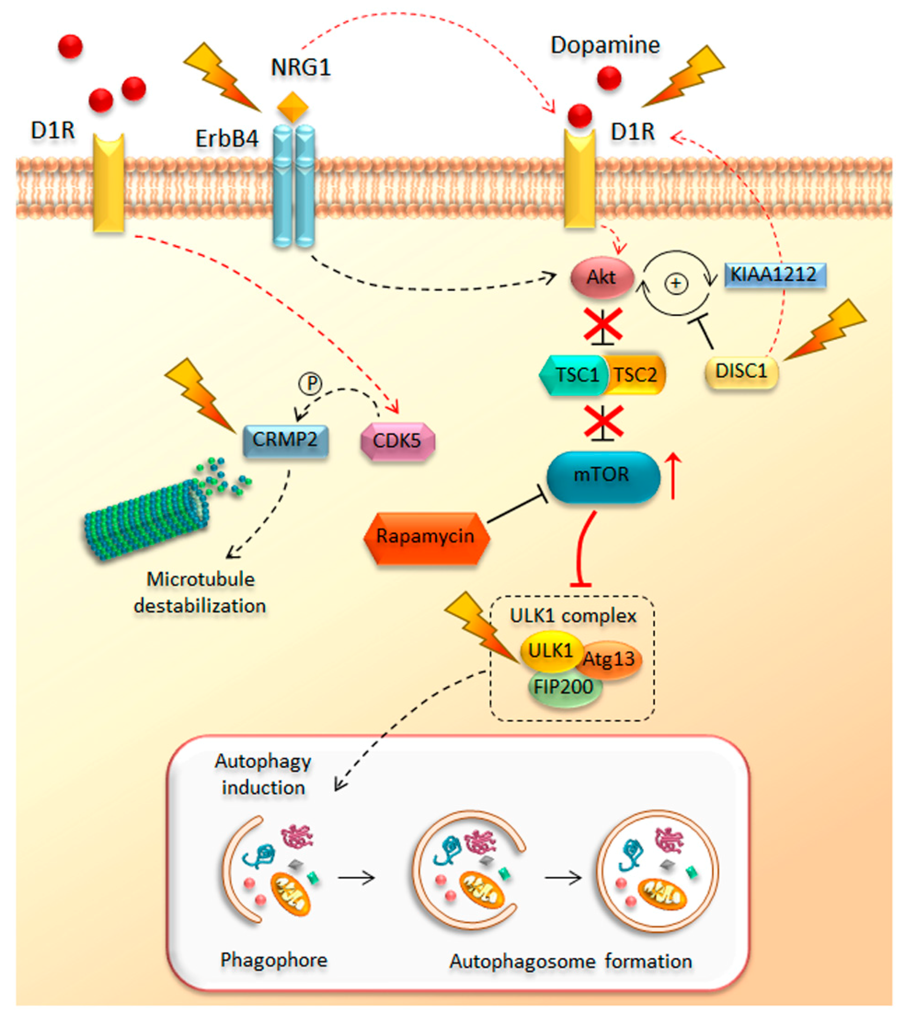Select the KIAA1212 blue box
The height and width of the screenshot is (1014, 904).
coord(775,275)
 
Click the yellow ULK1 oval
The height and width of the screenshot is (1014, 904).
coord(550,651)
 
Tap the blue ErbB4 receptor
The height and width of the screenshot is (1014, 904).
coord(293,187)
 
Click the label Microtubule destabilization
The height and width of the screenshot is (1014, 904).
coord(200,592)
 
